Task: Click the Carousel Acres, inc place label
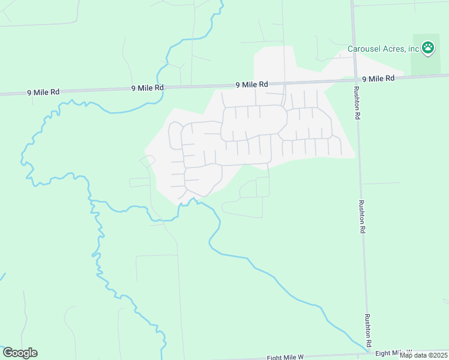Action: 383,49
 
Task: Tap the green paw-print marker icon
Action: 427,49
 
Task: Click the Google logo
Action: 20,353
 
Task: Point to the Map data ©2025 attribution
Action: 424,355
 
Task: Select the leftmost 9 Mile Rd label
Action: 43,92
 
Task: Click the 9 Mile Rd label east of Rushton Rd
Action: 378,79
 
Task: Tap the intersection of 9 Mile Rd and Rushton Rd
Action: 354,80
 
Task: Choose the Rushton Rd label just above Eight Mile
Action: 367,329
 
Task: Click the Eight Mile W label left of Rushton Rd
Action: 285,357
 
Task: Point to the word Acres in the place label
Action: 393,49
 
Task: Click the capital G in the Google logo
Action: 8,353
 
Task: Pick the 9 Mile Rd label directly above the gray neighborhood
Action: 251,85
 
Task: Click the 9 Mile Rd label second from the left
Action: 147,88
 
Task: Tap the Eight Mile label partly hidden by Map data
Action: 393,352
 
